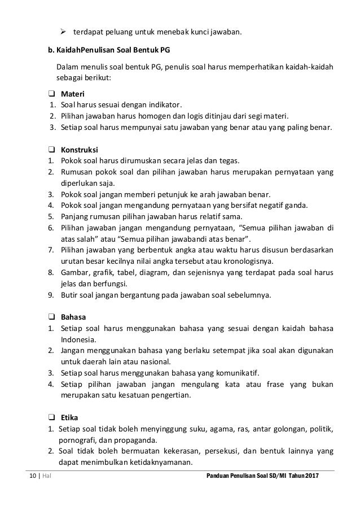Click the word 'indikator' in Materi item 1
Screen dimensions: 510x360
(x=166, y=105)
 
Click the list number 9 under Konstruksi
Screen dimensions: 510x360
(x=50, y=294)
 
